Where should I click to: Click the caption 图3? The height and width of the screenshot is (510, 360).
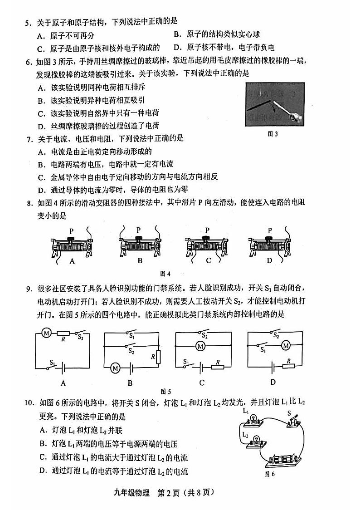273,134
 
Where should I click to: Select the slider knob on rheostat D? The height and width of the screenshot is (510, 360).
269,239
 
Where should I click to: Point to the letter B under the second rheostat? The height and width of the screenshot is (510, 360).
140,260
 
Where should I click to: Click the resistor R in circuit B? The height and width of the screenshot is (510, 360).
159,356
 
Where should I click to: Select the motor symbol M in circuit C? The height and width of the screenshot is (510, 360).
200,346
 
